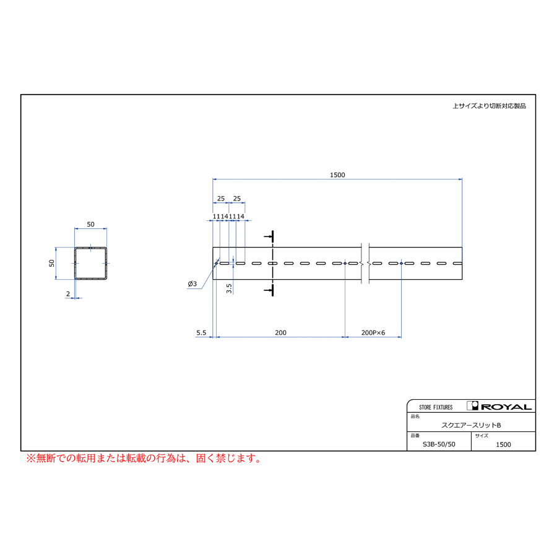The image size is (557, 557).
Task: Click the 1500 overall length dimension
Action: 337,175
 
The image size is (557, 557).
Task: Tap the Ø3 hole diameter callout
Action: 192,283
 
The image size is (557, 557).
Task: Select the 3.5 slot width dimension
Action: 229,288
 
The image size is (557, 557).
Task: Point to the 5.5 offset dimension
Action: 201,332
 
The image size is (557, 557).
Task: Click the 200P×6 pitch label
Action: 373,332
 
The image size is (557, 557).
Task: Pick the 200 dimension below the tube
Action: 280,332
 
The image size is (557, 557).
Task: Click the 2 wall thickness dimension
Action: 68,294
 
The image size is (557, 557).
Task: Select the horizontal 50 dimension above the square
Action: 90,224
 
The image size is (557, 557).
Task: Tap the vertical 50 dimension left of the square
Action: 52,263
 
